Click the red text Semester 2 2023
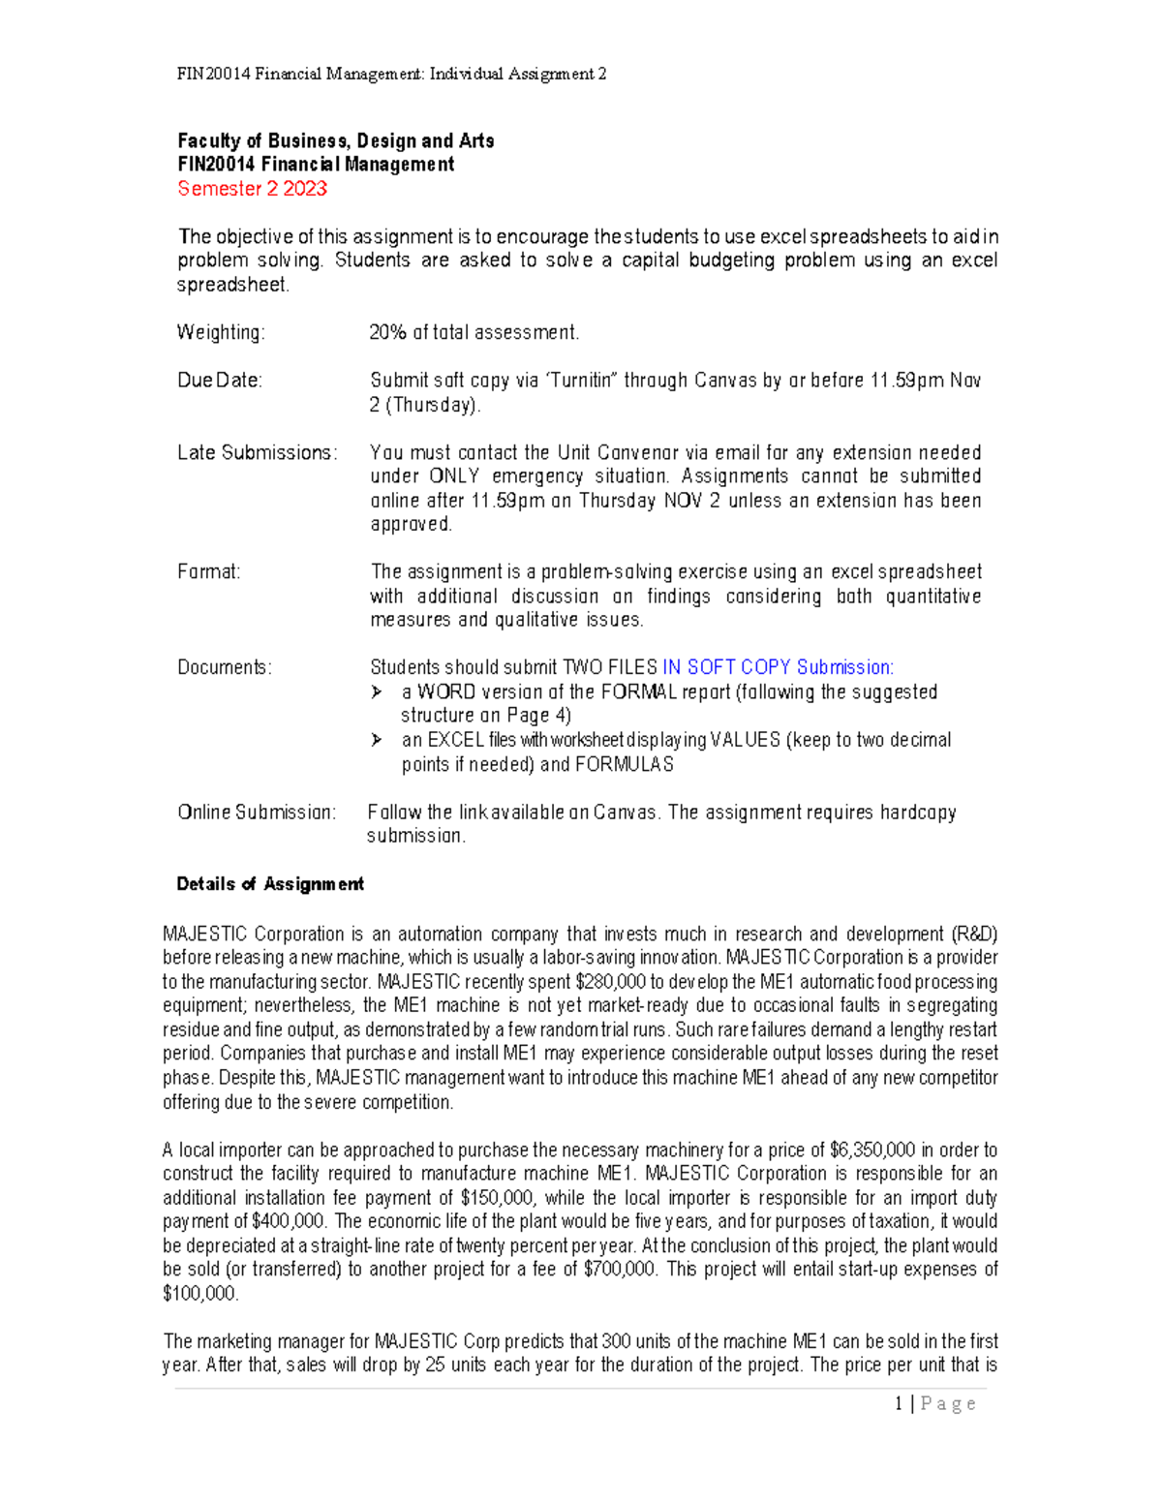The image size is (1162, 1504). click(x=252, y=189)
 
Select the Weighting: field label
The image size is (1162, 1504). click(x=221, y=332)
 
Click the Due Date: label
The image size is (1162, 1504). click(x=220, y=381)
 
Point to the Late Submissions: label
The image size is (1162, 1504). click(x=258, y=452)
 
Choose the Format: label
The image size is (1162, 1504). click(x=209, y=571)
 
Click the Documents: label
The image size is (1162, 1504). click(x=225, y=667)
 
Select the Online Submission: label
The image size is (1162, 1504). click(x=257, y=812)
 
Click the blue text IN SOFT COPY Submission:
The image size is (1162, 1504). click(x=778, y=667)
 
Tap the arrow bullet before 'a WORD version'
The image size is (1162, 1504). click(x=377, y=692)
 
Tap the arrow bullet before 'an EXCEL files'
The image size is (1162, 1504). click(x=377, y=740)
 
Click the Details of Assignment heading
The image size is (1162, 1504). click(x=270, y=884)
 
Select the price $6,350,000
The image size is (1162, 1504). click(x=872, y=1151)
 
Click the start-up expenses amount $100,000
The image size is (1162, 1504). click(x=199, y=1294)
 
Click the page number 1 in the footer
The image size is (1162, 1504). click(x=900, y=1404)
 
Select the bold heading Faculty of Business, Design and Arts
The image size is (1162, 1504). click(x=335, y=141)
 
